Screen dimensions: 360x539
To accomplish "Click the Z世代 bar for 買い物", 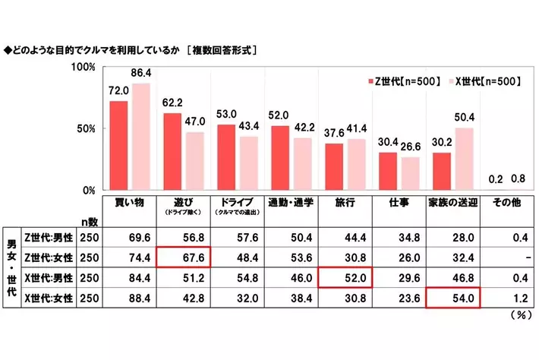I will [x=118, y=145].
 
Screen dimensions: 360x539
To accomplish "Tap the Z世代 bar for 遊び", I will [x=172, y=151].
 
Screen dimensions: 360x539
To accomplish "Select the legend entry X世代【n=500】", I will [x=486, y=81].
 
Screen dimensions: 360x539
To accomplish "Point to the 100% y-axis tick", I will [x=83, y=67].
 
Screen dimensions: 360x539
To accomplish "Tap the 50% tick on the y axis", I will [x=86, y=128].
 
